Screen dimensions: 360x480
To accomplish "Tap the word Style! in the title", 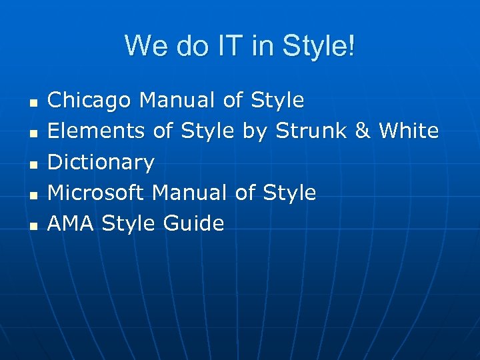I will click(319, 47).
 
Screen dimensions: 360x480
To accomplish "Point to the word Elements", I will click(97, 131).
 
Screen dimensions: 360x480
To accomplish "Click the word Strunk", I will click(311, 131).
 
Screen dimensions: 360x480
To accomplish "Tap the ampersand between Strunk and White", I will click(363, 131).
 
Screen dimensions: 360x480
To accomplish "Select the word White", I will click(409, 131).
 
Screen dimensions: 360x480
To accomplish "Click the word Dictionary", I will click(101, 162).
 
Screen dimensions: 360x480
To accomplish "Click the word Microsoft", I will click(96, 193).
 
